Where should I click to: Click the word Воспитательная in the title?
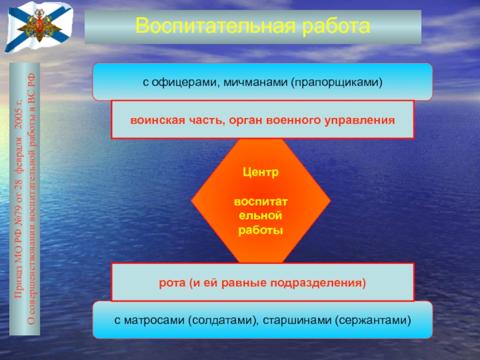215,26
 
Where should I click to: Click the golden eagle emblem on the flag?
39,25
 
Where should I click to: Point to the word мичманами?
256,82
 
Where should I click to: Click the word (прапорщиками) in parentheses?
337,83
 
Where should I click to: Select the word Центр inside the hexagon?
261,172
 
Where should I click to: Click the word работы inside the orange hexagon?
260,230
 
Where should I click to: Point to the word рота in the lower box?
172,283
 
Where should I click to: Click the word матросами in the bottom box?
154,320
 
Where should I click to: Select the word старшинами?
297,320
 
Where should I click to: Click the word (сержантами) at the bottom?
373,320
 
